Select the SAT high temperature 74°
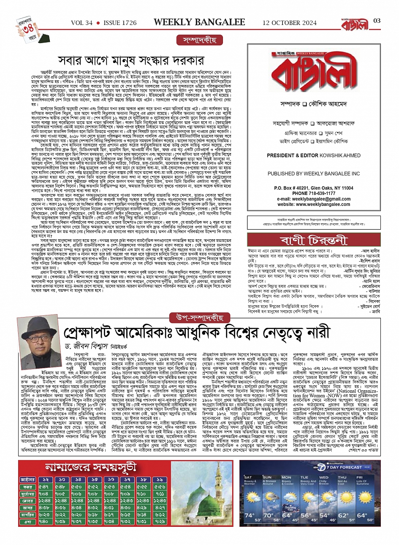249,515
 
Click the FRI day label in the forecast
361,477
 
